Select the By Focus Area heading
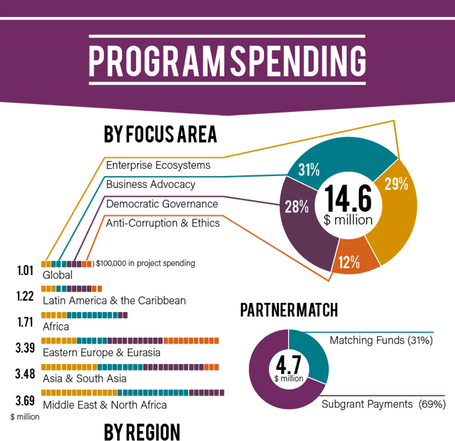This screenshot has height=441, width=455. point(160,134)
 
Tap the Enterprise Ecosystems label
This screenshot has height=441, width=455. point(158,165)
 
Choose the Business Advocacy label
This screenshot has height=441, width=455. point(150,185)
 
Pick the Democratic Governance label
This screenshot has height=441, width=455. point(162,204)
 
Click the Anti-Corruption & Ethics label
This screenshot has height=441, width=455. point(163,223)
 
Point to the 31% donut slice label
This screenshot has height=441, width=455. point(309,170)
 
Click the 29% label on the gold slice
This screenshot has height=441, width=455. point(395,184)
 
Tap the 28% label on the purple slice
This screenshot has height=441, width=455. point(297,207)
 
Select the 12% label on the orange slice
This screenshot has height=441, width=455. point(349,261)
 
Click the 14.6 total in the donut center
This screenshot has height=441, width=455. point(347,199)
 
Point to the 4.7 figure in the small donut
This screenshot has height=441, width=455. point(288,365)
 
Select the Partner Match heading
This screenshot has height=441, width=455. point(289,310)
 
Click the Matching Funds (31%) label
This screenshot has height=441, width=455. point(381,341)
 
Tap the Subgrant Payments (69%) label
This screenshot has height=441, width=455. point(382,404)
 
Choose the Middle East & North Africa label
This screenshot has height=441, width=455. point(105,405)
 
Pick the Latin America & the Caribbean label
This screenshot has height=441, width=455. point(114,300)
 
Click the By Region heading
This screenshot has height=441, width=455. point(142,431)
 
